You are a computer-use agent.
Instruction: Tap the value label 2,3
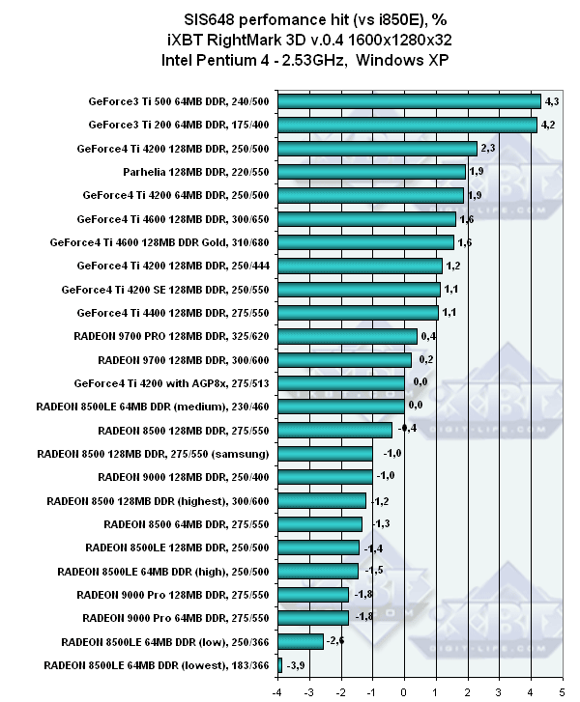tap(488, 148)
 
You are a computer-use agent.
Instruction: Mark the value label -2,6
tap(335, 641)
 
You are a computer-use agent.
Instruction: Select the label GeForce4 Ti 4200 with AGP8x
tap(175, 382)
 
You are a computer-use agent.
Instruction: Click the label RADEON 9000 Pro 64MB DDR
tap(174, 617)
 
